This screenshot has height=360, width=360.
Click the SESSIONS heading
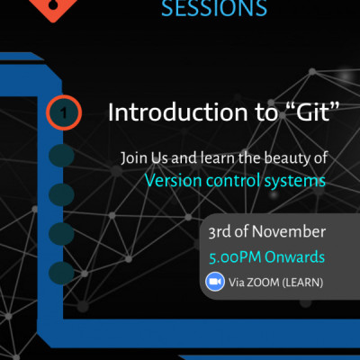(x=213, y=9)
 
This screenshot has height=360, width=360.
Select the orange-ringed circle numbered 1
(x=63, y=113)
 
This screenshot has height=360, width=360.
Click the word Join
(x=135, y=157)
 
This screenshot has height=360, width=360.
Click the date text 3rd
(x=220, y=232)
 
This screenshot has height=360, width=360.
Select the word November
(x=287, y=232)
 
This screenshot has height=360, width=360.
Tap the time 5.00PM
(x=233, y=258)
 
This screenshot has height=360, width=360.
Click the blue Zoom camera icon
(x=215, y=282)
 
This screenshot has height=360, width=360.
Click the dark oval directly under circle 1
(x=61, y=156)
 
